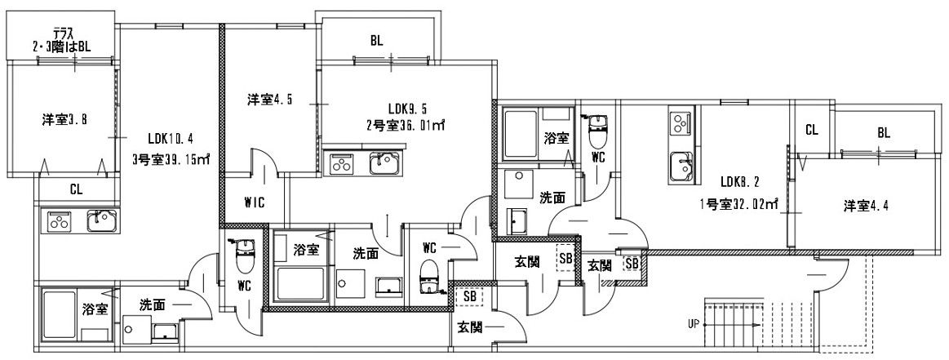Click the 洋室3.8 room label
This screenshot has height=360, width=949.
point(64,120)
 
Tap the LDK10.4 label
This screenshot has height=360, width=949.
point(171,138)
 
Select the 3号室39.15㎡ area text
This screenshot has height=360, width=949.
point(171,160)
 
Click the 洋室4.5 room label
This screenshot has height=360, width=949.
point(270,100)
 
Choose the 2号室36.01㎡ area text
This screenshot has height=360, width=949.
point(406,126)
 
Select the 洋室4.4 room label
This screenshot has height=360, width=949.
point(867,206)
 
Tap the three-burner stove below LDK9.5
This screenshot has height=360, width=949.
point(342,164)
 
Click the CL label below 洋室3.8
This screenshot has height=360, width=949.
point(76,189)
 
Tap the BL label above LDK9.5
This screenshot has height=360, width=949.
point(375,39)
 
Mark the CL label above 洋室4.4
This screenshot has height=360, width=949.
point(811,130)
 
